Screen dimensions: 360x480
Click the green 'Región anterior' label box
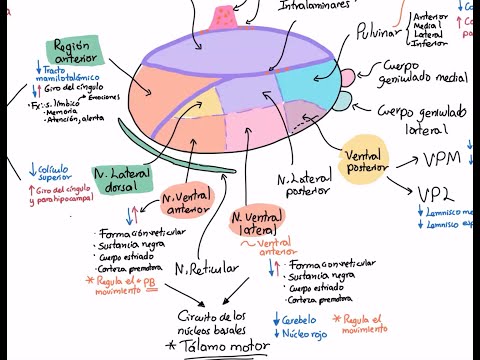coord(75,51)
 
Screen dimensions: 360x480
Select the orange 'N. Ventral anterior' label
coord(186,203)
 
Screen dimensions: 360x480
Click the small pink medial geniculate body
coord(346,77)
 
